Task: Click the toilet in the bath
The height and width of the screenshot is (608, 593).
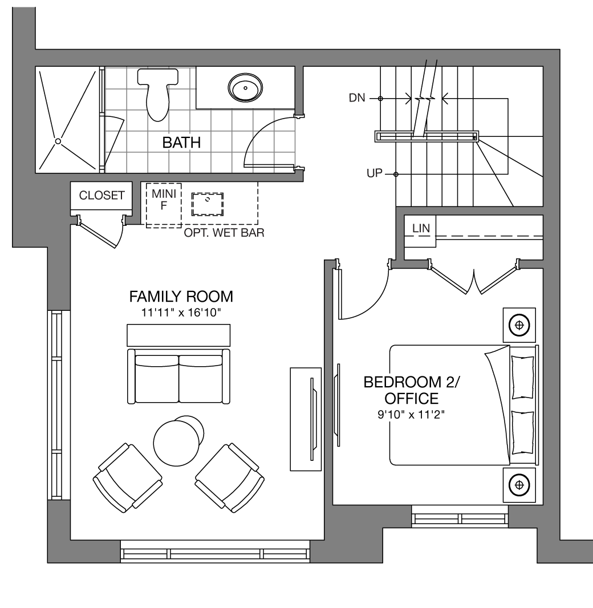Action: pos(158,94)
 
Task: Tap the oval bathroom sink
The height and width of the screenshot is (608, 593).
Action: pos(245,88)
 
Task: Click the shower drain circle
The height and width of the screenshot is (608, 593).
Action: pos(58,141)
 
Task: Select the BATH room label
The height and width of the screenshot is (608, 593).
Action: pos(181,143)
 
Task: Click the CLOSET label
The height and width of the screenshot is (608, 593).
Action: pos(102,195)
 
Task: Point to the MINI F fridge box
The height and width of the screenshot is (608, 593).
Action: pos(164,205)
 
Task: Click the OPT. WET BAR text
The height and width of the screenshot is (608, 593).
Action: pos(224,233)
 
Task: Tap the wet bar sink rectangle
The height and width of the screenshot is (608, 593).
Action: pos(208,204)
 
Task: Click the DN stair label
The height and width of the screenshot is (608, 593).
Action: pos(357,98)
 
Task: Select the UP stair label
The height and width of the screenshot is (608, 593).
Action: pos(375,173)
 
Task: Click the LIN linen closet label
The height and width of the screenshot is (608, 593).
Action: pos(421,228)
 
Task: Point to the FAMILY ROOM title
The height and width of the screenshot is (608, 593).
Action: pos(181,297)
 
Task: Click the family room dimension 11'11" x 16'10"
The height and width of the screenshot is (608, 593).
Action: pos(181,313)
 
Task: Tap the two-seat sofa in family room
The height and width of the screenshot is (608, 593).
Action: pos(178,376)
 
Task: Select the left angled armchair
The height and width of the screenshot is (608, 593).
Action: pos(128,478)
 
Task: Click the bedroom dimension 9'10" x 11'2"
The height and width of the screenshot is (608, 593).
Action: pos(411,415)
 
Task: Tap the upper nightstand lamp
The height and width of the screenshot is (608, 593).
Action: pos(519,325)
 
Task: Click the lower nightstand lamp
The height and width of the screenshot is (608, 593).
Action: pos(519,485)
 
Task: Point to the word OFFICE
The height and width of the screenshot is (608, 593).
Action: pos(412,399)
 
